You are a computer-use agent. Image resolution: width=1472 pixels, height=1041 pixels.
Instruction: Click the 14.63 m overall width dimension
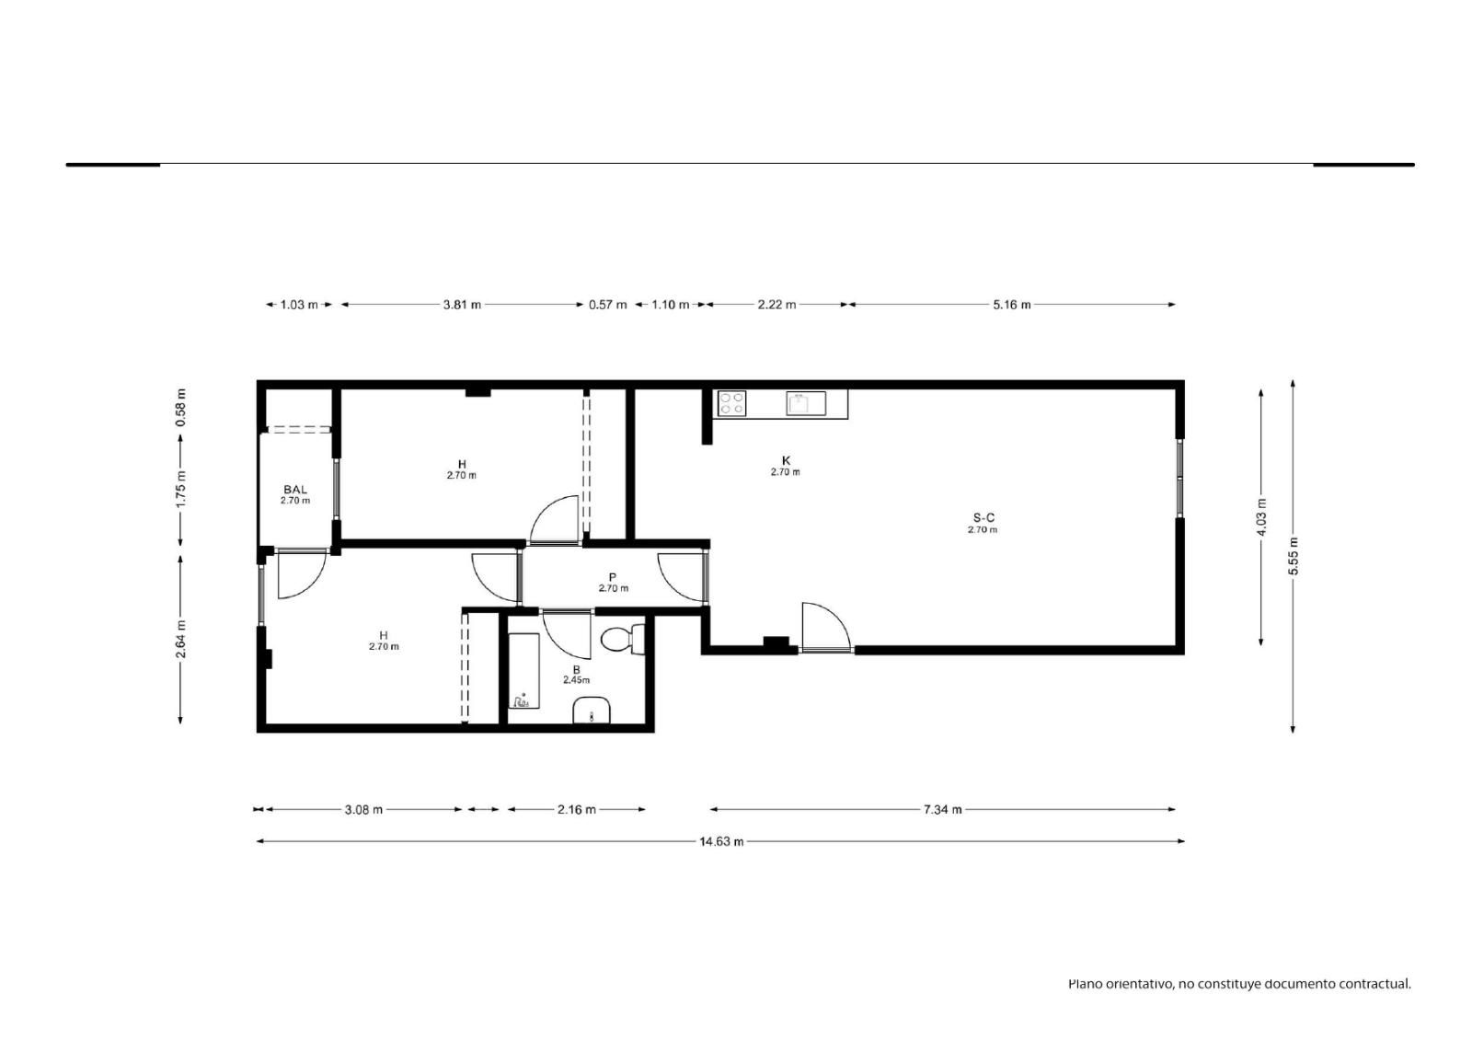pyautogui.click(x=721, y=842)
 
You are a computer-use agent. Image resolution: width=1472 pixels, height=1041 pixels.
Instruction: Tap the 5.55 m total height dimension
pyautogui.click(x=1294, y=556)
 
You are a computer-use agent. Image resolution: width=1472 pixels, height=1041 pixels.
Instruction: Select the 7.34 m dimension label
pyautogui.click(x=942, y=810)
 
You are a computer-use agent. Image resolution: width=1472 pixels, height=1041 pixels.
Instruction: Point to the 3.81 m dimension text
pyautogui.click(x=462, y=305)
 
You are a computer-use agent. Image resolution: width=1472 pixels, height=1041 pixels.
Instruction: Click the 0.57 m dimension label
pyautogui.click(x=608, y=305)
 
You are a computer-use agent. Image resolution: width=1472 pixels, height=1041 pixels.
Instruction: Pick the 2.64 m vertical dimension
pyautogui.click(x=180, y=639)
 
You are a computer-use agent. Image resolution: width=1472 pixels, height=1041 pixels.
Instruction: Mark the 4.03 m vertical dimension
pyautogui.click(x=1261, y=517)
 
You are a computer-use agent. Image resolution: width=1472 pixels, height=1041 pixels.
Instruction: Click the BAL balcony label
pyautogui.click(x=295, y=490)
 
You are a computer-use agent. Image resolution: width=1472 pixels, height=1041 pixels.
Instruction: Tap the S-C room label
pyautogui.click(x=983, y=518)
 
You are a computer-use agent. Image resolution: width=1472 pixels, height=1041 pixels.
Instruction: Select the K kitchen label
pyautogui.click(x=786, y=460)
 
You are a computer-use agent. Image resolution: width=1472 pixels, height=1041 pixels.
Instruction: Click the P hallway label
pyautogui.click(x=613, y=577)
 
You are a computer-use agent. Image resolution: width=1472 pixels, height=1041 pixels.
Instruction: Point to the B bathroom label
pyautogui.click(x=576, y=669)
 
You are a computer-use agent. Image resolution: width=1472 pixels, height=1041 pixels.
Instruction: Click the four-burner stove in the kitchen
pyautogui.click(x=731, y=403)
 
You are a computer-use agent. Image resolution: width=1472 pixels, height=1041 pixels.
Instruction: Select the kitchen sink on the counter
pyautogui.click(x=806, y=403)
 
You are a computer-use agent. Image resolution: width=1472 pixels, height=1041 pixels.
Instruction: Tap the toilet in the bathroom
pyautogui.click(x=623, y=639)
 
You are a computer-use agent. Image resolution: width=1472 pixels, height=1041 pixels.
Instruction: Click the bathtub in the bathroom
pyautogui.click(x=523, y=671)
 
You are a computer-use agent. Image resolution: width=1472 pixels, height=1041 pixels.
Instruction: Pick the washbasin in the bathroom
pyautogui.click(x=592, y=711)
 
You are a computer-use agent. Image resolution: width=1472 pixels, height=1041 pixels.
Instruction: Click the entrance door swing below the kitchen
pyautogui.click(x=826, y=627)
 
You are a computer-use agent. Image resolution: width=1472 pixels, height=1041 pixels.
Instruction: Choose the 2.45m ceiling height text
pyautogui.click(x=576, y=680)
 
